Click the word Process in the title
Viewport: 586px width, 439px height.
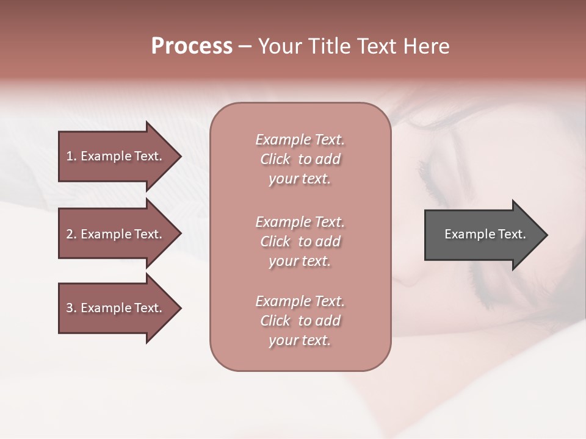[x=192, y=46]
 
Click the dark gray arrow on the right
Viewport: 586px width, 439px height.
[x=482, y=235]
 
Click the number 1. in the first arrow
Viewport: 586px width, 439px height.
[x=71, y=156]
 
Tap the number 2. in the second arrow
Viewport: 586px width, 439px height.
[x=71, y=234]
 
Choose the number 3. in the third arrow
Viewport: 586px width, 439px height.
[x=71, y=309]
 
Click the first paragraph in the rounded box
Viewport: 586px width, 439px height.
[x=300, y=159]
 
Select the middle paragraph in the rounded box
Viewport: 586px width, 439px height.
[x=300, y=241]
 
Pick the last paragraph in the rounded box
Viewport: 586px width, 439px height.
[x=300, y=321]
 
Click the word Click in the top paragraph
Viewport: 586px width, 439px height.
[x=275, y=160]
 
